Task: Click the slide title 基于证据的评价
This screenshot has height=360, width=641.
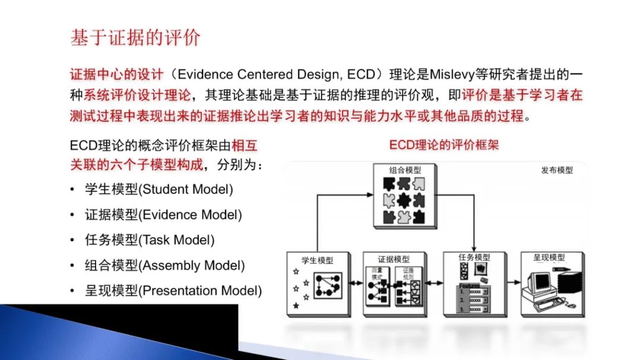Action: [136, 38]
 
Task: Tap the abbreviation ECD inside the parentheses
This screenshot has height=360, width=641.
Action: [360, 75]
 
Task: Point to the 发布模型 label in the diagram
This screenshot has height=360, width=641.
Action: [557, 170]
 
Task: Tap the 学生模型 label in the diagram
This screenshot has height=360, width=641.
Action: [318, 260]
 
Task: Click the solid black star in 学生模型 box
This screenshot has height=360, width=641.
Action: [296, 305]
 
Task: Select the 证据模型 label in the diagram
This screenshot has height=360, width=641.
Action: [394, 260]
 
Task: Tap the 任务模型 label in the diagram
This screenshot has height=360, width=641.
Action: [474, 257]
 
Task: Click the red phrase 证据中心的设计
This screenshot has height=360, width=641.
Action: [116, 75]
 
